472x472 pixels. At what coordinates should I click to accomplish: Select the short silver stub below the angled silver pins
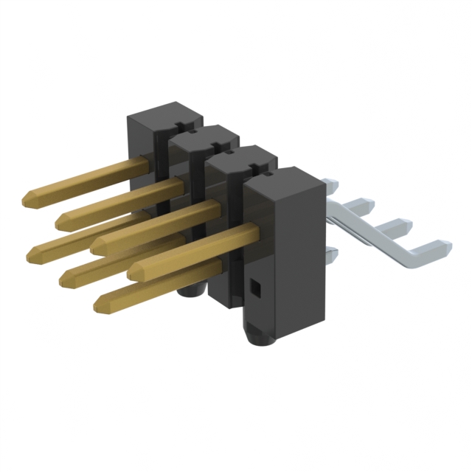click(330, 256)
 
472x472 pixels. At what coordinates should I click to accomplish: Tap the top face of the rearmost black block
click(164, 110)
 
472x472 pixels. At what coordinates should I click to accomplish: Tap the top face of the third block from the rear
click(242, 155)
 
